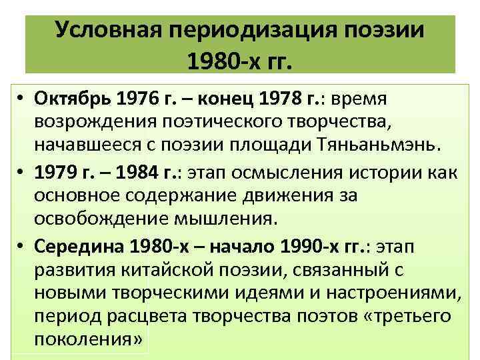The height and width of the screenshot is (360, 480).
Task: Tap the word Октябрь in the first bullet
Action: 71,99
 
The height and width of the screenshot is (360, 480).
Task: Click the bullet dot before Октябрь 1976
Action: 22,100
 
